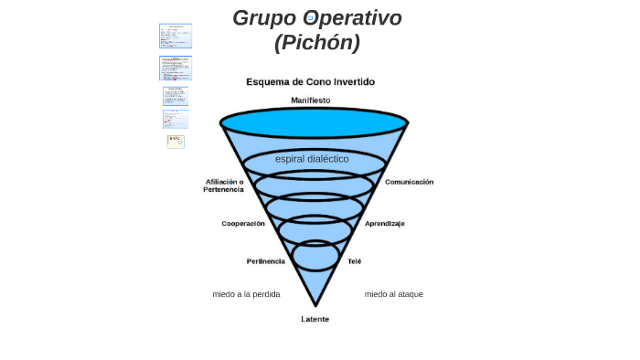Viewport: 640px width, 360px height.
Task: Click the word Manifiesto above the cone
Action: click(x=311, y=100)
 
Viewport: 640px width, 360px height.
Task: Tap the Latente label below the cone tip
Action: click(x=315, y=319)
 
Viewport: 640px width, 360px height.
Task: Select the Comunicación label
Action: click(x=409, y=182)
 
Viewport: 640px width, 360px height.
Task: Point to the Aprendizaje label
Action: click(x=384, y=224)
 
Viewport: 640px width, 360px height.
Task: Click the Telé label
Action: click(x=354, y=261)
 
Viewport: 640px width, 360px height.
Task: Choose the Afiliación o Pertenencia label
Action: click(x=224, y=185)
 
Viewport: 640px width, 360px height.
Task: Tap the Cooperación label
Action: click(x=243, y=224)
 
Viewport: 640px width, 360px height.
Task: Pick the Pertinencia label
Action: click(x=265, y=261)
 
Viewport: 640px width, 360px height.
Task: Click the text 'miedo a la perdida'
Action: click(x=246, y=294)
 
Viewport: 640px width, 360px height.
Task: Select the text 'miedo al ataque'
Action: click(x=393, y=294)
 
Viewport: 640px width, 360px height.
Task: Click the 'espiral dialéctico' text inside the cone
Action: click(x=312, y=159)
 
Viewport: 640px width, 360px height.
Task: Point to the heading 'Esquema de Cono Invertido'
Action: click(x=310, y=81)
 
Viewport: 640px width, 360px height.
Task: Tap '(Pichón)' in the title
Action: click(x=316, y=42)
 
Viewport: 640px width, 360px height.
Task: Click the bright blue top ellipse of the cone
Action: click(x=314, y=122)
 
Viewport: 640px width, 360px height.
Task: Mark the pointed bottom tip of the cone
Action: click(x=315, y=303)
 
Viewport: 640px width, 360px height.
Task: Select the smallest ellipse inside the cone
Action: click(x=315, y=255)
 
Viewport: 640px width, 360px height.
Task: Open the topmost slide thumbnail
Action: click(x=176, y=36)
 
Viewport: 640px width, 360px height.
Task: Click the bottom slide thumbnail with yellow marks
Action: click(x=176, y=142)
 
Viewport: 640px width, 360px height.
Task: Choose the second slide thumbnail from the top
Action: click(x=176, y=69)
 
